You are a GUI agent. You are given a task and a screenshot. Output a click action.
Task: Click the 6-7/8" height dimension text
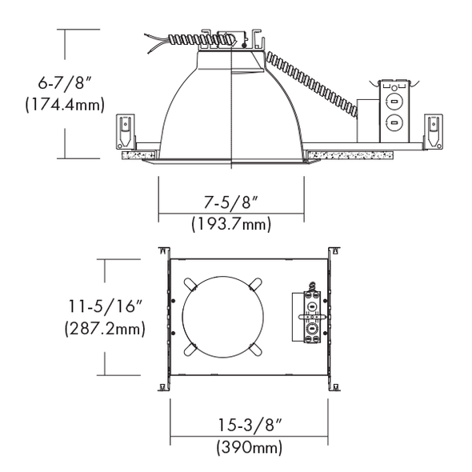(65, 82)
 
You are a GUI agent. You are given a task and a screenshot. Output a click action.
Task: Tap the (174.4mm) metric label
(65, 105)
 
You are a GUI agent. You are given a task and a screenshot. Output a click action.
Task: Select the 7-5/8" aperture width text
(231, 202)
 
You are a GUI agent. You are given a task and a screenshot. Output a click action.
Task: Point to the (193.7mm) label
(231, 224)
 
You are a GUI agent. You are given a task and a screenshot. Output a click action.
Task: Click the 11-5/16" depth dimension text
(105, 306)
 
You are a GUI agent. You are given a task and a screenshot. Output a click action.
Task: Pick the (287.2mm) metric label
(105, 328)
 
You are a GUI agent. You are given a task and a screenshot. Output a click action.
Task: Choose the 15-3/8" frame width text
(250, 425)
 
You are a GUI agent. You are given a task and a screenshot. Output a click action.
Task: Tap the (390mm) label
(250, 447)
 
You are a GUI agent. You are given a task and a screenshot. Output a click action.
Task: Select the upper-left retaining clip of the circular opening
(190, 284)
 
